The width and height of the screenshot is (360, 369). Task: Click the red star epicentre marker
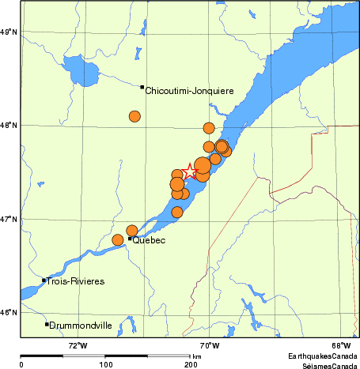pyautogui.click(x=189, y=171)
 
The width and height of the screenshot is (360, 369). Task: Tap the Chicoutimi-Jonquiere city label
pyautogui.click(x=189, y=91)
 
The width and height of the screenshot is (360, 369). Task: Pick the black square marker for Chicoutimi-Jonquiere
pyautogui.click(x=142, y=87)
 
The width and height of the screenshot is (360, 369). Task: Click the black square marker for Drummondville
pyautogui.click(x=47, y=324)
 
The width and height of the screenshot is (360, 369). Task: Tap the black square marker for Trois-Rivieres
pyautogui.click(x=44, y=280)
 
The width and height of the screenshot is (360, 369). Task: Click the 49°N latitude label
pyautogui.click(x=9, y=32)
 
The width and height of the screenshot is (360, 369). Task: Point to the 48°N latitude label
pyautogui.click(x=9, y=125)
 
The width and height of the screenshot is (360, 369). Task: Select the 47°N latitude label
pyautogui.click(x=9, y=219)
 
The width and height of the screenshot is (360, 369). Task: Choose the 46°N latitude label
pyautogui.click(x=9, y=312)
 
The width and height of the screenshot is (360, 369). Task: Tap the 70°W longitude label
pyautogui.click(x=208, y=345)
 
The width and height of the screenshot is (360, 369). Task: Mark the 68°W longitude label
pyautogui.click(x=340, y=345)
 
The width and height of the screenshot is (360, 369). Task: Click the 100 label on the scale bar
pyautogui.click(x=105, y=364)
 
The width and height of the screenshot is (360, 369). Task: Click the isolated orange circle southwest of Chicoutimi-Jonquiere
pyautogui.click(x=135, y=116)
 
